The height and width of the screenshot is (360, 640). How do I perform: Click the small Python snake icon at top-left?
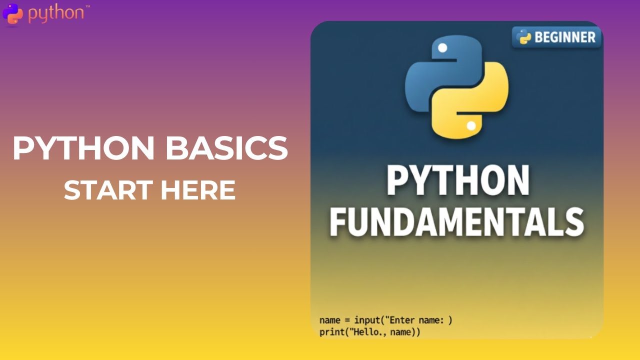coord(12,13)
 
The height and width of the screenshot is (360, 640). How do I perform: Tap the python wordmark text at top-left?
coord(56,13)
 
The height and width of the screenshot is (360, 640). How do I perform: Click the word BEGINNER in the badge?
coord(565,37)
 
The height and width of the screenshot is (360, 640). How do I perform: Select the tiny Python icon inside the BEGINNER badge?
coord(523,37)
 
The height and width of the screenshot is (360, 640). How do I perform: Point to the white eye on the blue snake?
coord(442,48)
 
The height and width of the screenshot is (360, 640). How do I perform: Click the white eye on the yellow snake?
coord(470,126)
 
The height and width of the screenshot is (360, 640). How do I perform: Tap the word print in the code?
coord(332,331)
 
